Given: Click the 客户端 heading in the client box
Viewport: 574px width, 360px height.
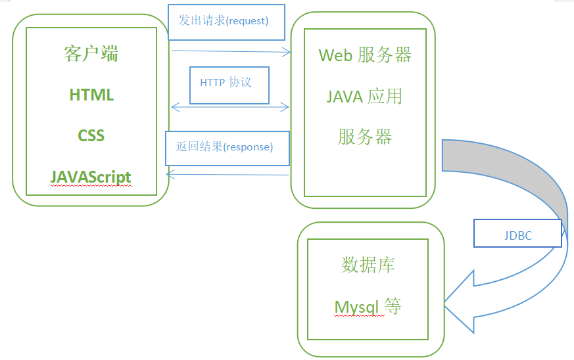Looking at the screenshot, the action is click(91, 54).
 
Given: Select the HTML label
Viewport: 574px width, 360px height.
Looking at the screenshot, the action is click(91, 95).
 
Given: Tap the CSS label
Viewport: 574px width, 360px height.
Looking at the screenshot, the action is click(91, 136).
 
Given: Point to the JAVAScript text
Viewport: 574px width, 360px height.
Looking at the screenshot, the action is click(91, 177).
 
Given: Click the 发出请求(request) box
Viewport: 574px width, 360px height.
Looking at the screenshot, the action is click(226, 22).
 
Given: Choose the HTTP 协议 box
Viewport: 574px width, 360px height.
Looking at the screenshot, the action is click(229, 85).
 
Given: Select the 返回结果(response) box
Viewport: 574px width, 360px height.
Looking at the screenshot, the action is click(227, 148).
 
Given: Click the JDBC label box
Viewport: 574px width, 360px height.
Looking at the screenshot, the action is click(517, 233).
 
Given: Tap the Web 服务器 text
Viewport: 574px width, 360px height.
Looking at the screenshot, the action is click(365, 55).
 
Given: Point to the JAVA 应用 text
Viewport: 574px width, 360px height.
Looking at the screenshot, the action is click(364, 97).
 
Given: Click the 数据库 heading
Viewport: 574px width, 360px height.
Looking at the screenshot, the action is click(368, 265).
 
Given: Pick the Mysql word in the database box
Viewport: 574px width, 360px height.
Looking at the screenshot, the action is click(356, 307).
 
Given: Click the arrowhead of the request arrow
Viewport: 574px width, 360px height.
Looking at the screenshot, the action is click(287, 52).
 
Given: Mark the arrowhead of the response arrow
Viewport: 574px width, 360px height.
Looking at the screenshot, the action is click(170, 174).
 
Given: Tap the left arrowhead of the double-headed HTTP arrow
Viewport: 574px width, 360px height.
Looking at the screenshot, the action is click(176, 107).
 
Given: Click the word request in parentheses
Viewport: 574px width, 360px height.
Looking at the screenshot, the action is click(247, 21).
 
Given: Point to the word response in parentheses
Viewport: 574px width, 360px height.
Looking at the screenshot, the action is click(248, 147).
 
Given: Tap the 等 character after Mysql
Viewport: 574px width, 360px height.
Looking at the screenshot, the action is click(393, 306).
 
